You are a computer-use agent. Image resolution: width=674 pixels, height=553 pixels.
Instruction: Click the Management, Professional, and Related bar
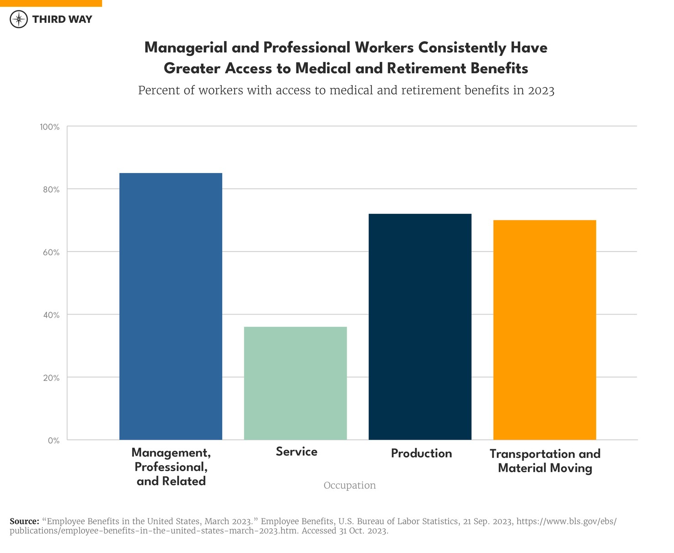(x=171, y=306)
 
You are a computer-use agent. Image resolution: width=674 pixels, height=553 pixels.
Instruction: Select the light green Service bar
(x=296, y=383)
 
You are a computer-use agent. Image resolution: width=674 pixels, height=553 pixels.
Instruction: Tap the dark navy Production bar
(x=420, y=327)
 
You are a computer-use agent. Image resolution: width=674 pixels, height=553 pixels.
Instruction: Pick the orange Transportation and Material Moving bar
(x=545, y=330)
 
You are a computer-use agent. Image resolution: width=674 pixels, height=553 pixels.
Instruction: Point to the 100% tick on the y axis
(x=50, y=127)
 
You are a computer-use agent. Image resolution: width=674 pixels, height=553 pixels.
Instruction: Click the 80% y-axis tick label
(x=51, y=190)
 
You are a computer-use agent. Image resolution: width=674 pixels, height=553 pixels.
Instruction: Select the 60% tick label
(x=51, y=253)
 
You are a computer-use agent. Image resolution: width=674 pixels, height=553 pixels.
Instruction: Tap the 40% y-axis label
(x=51, y=315)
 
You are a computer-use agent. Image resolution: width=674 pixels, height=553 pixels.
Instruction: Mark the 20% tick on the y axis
(x=51, y=378)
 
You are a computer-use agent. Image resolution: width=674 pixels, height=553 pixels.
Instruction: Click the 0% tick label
(x=54, y=441)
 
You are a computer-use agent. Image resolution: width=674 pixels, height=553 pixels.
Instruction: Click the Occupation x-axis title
(x=350, y=485)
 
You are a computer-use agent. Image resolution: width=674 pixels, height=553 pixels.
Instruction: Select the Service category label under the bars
(x=296, y=452)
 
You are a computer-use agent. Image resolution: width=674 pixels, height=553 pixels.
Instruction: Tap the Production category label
(x=421, y=453)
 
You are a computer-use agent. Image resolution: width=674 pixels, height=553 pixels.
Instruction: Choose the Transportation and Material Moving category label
(x=545, y=461)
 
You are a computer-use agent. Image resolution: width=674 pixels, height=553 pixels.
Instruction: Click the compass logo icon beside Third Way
(x=19, y=19)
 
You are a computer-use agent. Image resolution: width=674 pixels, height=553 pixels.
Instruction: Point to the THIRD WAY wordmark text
(x=62, y=19)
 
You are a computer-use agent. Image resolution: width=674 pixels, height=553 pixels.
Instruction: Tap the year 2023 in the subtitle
(x=541, y=90)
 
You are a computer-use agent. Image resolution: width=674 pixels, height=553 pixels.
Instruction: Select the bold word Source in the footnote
(x=25, y=521)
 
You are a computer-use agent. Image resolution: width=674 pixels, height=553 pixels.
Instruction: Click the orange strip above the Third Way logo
(x=51, y=3)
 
